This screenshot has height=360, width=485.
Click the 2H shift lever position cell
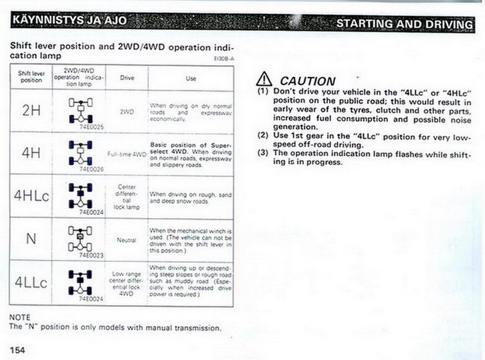[x=31, y=110]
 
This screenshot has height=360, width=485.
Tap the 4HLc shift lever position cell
[x=31, y=195]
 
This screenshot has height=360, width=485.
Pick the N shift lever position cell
[x=31, y=238]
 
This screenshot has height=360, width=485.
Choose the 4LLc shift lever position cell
[x=31, y=282]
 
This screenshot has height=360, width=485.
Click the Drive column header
[x=127, y=78]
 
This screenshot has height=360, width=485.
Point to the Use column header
[x=191, y=78]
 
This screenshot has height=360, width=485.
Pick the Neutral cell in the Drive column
[x=127, y=239]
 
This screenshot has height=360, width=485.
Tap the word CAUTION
[x=308, y=81]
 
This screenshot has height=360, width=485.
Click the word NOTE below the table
[x=19, y=317]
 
